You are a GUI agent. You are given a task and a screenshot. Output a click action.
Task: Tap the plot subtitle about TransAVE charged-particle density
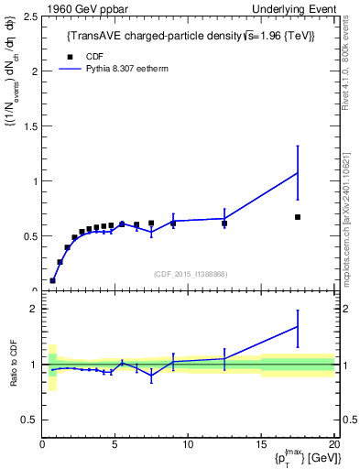pos(192,36)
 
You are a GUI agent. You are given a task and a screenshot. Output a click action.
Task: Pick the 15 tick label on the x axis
pos(260,445)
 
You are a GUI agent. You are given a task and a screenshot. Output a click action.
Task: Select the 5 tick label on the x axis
pos(115,445)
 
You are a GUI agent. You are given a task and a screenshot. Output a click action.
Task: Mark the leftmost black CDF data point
pos(52,280)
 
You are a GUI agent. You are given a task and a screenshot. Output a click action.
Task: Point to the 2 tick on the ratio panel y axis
pos(33,309)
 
